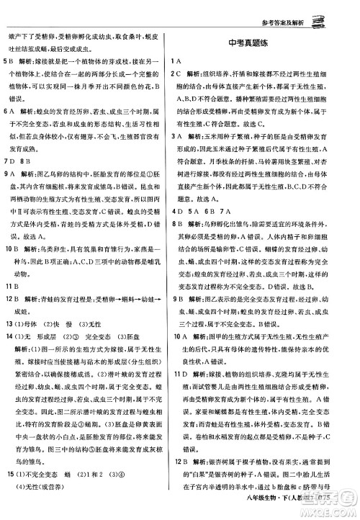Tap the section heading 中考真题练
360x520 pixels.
pos(261,43)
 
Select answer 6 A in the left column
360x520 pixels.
pos(9,112)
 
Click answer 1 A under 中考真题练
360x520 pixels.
pos(175,60)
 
